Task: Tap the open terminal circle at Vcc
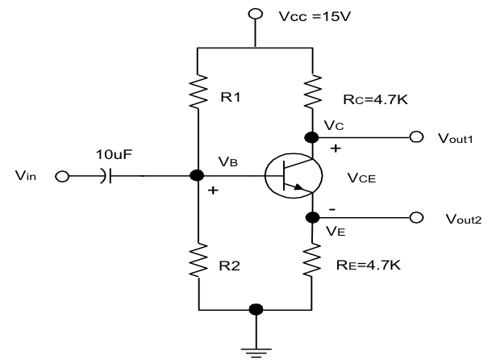(x=256, y=15)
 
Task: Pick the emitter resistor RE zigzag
(x=312, y=260)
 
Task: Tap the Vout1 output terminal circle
(x=416, y=136)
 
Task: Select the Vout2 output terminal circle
(x=416, y=217)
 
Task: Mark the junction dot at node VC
(x=312, y=136)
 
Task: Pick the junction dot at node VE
(x=312, y=217)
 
